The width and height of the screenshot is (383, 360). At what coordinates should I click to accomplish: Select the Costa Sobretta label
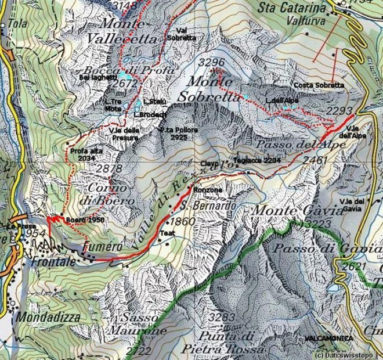click(x=319, y=85)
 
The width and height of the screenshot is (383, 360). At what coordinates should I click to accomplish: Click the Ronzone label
click(x=208, y=190)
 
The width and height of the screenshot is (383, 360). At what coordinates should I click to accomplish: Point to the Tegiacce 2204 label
click(x=257, y=160)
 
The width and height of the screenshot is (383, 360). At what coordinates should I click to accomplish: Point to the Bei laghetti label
click(x=98, y=76)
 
